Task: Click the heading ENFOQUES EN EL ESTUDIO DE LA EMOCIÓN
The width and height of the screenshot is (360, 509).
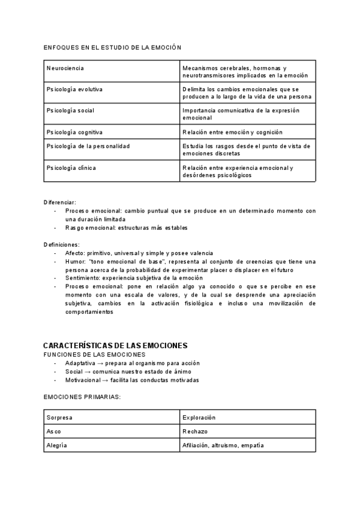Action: click(113, 47)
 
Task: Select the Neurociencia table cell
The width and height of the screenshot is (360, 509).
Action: click(65, 68)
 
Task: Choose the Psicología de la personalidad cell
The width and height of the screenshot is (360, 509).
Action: click(88, 146)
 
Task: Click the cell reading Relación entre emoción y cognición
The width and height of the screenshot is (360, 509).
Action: click(232, 131)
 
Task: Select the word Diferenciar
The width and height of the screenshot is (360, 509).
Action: click(60, 202)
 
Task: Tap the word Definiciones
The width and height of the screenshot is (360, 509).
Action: click(61, 245)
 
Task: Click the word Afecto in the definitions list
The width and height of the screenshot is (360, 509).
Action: click(75, 253)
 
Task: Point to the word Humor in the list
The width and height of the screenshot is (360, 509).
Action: click(75, 262)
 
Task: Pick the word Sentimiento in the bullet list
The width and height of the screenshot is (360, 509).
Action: click(83, 279)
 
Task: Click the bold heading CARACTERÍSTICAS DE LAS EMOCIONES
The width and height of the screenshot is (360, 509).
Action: click(116, 346)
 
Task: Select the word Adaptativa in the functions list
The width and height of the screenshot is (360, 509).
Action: click(80, 363)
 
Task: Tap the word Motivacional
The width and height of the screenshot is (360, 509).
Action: click(83, 380)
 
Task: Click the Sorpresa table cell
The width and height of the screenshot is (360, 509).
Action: click(59, 417)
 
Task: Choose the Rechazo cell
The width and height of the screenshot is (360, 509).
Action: click(196, 432)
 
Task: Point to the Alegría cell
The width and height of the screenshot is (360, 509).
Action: click(56, 445)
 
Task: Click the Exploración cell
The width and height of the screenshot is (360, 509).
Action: click(199, 417)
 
